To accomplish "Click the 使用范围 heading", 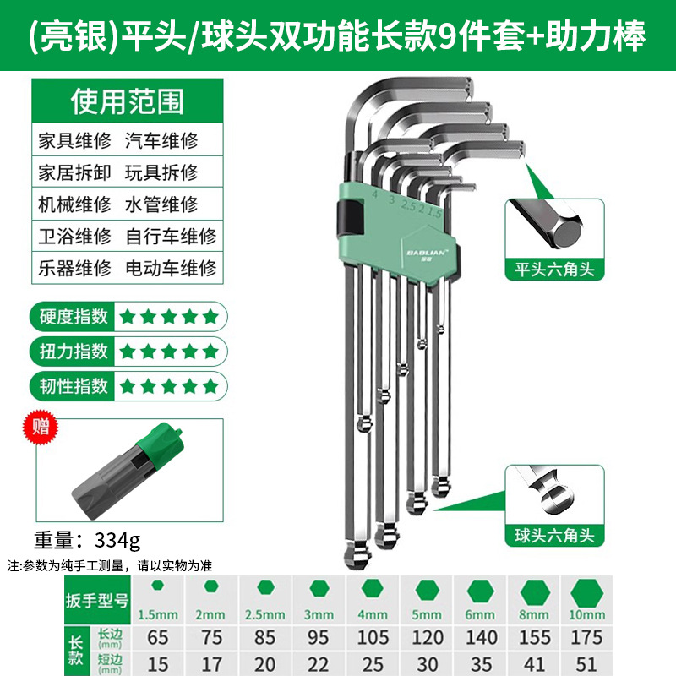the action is [128, 101].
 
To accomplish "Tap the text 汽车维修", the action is [161, 141].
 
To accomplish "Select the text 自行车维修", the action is [172, 237].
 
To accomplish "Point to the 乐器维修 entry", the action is [74, 268].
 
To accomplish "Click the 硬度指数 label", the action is [74, 316].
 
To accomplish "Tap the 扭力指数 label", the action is [74, 351].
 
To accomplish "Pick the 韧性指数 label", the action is [74, 385].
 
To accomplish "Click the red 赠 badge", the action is [40, 427].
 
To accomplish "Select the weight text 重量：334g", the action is [88, 540].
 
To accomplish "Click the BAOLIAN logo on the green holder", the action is [426, 253].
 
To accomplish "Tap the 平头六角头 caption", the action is [554, 270].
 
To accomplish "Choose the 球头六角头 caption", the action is [554, 536].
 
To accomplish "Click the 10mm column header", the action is [586, 614].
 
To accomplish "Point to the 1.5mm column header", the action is [158, 614].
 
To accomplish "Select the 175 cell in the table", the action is [586, 637].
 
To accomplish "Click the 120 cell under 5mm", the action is [428, 637].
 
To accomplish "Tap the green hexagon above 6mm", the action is [480, 590].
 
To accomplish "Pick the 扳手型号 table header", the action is [97, 600].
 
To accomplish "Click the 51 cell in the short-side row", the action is [586, 664].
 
